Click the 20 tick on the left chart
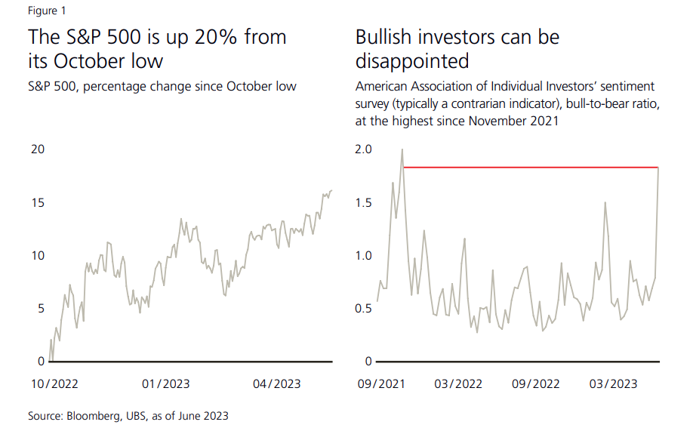37,149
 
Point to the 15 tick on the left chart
37,202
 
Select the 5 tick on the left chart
41,309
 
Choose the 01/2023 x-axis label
167,384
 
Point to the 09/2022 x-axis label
536,384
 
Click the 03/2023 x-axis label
612,384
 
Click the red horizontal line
528,167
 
